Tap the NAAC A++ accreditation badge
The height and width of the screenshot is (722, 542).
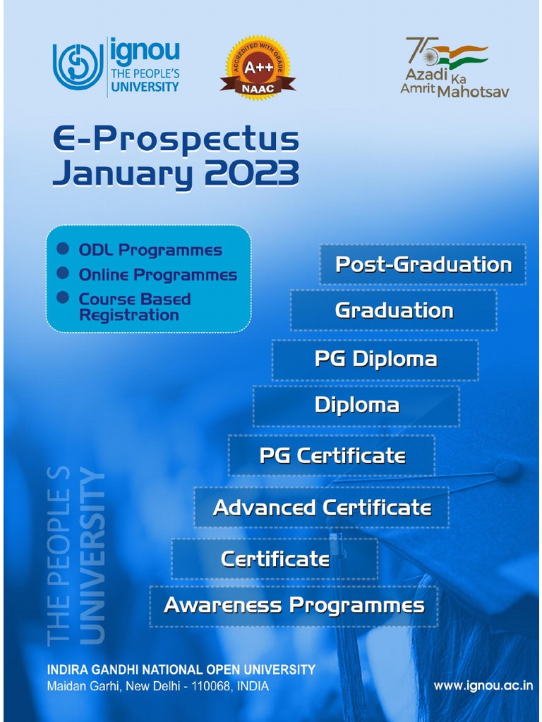coord(258,68)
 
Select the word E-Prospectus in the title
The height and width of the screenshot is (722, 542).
coord(176,140)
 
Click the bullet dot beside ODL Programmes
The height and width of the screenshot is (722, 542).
coord(64,249)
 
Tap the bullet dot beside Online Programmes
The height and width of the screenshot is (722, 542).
coord(64,273)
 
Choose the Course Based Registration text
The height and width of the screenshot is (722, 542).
coord(135,307)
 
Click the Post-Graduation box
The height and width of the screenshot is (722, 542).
coord(423,264)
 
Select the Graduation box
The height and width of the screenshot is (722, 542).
coord(394,310)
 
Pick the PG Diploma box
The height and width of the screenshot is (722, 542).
coord(375,359)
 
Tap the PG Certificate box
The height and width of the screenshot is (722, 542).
coord(332,455)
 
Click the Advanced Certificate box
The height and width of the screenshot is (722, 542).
coord(322,508)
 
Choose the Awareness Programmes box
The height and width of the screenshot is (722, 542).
coord(294,605)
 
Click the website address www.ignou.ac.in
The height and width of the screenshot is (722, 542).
coord(483,685)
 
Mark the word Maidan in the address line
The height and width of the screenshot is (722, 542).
coord(65,686)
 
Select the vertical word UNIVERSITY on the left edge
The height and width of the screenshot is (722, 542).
coord(92,557)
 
